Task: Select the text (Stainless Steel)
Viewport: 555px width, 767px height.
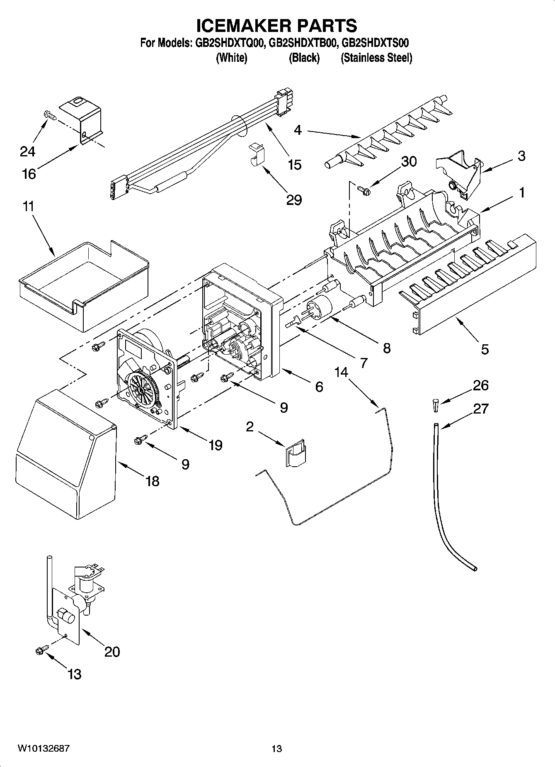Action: tap(376, 58)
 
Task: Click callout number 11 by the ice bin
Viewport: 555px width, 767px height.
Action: tap(28, 206)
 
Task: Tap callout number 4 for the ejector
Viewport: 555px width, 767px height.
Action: tap(298, 130)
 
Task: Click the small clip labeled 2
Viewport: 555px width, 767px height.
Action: tap(296, 454)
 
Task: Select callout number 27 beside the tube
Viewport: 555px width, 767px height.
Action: tap(481, 409)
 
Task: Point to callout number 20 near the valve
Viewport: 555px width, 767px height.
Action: tap(112, 652)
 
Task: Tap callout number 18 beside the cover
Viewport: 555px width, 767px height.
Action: tap(153, 481)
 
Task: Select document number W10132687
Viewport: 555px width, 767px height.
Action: tap(43, 748)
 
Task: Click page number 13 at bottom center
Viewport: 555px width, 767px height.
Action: tap(277, 748)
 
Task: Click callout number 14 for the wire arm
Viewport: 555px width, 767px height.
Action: tap(342, 373)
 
